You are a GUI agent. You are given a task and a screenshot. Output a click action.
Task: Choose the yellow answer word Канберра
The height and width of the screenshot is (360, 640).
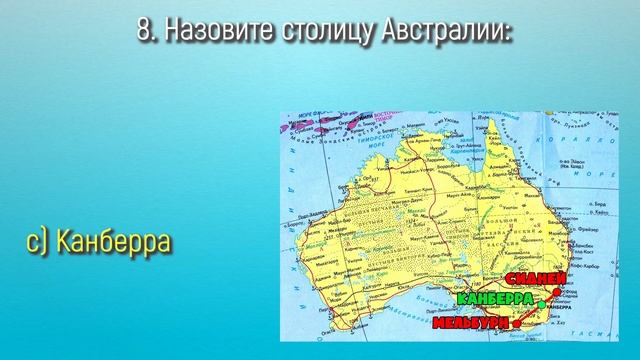point(112,243)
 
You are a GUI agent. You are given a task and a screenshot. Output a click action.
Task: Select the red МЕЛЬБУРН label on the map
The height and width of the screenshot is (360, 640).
point(468,322)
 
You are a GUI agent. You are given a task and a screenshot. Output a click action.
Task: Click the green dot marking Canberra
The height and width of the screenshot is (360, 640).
point(541,303)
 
